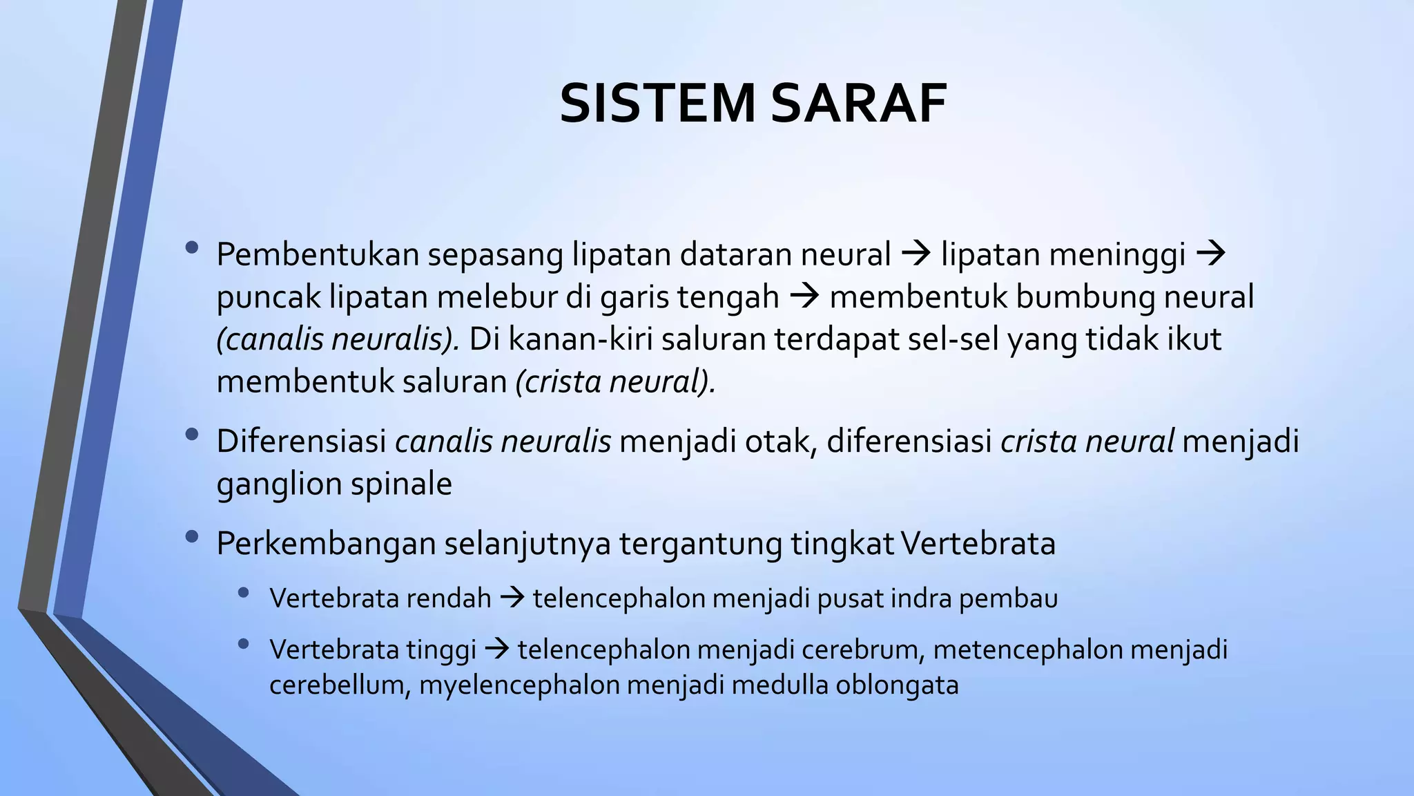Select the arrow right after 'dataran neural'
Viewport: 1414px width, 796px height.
pos(917,254)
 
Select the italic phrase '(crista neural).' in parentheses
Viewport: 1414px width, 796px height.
pos(615,381)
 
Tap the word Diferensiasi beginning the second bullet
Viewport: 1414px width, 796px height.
pos(301,441)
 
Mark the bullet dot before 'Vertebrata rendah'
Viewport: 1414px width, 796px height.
pos(242,593)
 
